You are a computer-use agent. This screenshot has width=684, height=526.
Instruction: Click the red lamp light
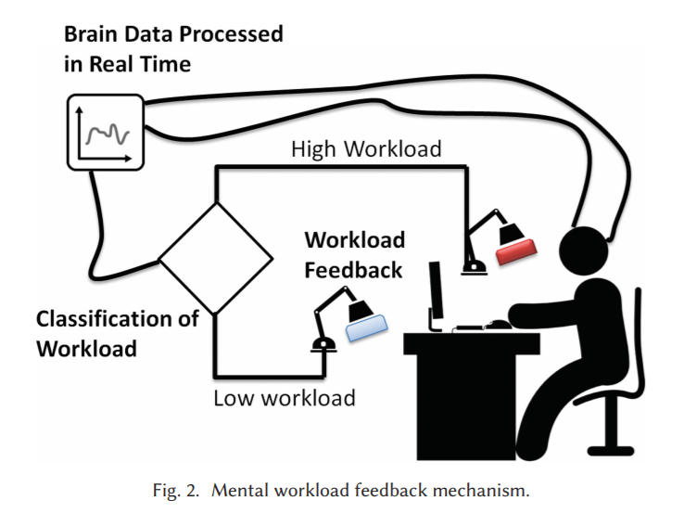(x=516, y=252)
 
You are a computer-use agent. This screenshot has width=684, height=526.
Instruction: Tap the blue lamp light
(x=367, y=327)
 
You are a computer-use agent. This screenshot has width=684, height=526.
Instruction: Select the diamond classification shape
(x=216, y=259)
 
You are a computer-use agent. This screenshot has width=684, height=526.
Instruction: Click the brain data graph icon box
(x=106, y=133)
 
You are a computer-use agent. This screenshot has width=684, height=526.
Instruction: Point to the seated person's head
(x=583, y=251)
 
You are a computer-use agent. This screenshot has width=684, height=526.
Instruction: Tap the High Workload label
(x=366, y=148)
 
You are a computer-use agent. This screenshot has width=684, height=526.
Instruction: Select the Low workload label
(x=285, y=398)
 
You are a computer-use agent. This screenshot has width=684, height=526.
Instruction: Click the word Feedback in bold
(x=353, y=270)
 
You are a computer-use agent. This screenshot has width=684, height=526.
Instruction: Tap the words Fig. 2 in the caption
(x=175, y=491)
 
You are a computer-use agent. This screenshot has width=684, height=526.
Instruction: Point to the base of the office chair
(x=611, y=451)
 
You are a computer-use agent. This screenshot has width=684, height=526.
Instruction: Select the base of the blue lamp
(x=323, y=345)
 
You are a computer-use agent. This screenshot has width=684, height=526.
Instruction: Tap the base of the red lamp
(x=475, y=267)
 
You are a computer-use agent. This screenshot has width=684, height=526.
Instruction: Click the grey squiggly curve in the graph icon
(x=108, y=134)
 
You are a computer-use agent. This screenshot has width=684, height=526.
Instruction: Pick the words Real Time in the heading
(x=140, y=64)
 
